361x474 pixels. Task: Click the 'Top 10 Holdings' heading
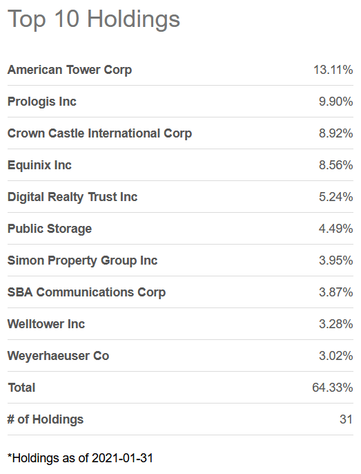click(x=94, y=20)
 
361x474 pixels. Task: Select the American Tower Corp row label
click(x=70, y=70)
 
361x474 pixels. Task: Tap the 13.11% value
click(x=333, y=70)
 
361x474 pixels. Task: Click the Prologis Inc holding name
click(x=42, y=102)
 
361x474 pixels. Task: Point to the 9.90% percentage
click(x=335, y=102)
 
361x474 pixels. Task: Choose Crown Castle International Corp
click(x=100, y=133)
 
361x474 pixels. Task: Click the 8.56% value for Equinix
click(x=335, y=165)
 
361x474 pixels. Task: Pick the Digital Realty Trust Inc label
click(x=72, y=197)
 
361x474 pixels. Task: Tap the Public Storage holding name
click(x=50, y=229)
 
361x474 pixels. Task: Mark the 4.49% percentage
click(x=335, y=229)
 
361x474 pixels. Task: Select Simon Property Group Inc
click(x=83, y=260)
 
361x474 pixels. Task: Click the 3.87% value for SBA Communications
click(x=335, y=292)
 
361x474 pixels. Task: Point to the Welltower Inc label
click(x=46, y=324)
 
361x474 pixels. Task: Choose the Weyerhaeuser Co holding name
click(x=59, y=356)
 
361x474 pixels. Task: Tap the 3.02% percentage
click(x=335, y=356)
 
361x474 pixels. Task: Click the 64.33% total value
click(x=333, y=388)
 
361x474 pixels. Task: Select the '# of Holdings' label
click(x=46, y=419)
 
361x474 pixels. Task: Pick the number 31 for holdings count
click(x=346, y=419)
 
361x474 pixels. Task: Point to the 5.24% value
click(x=335, y=197)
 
